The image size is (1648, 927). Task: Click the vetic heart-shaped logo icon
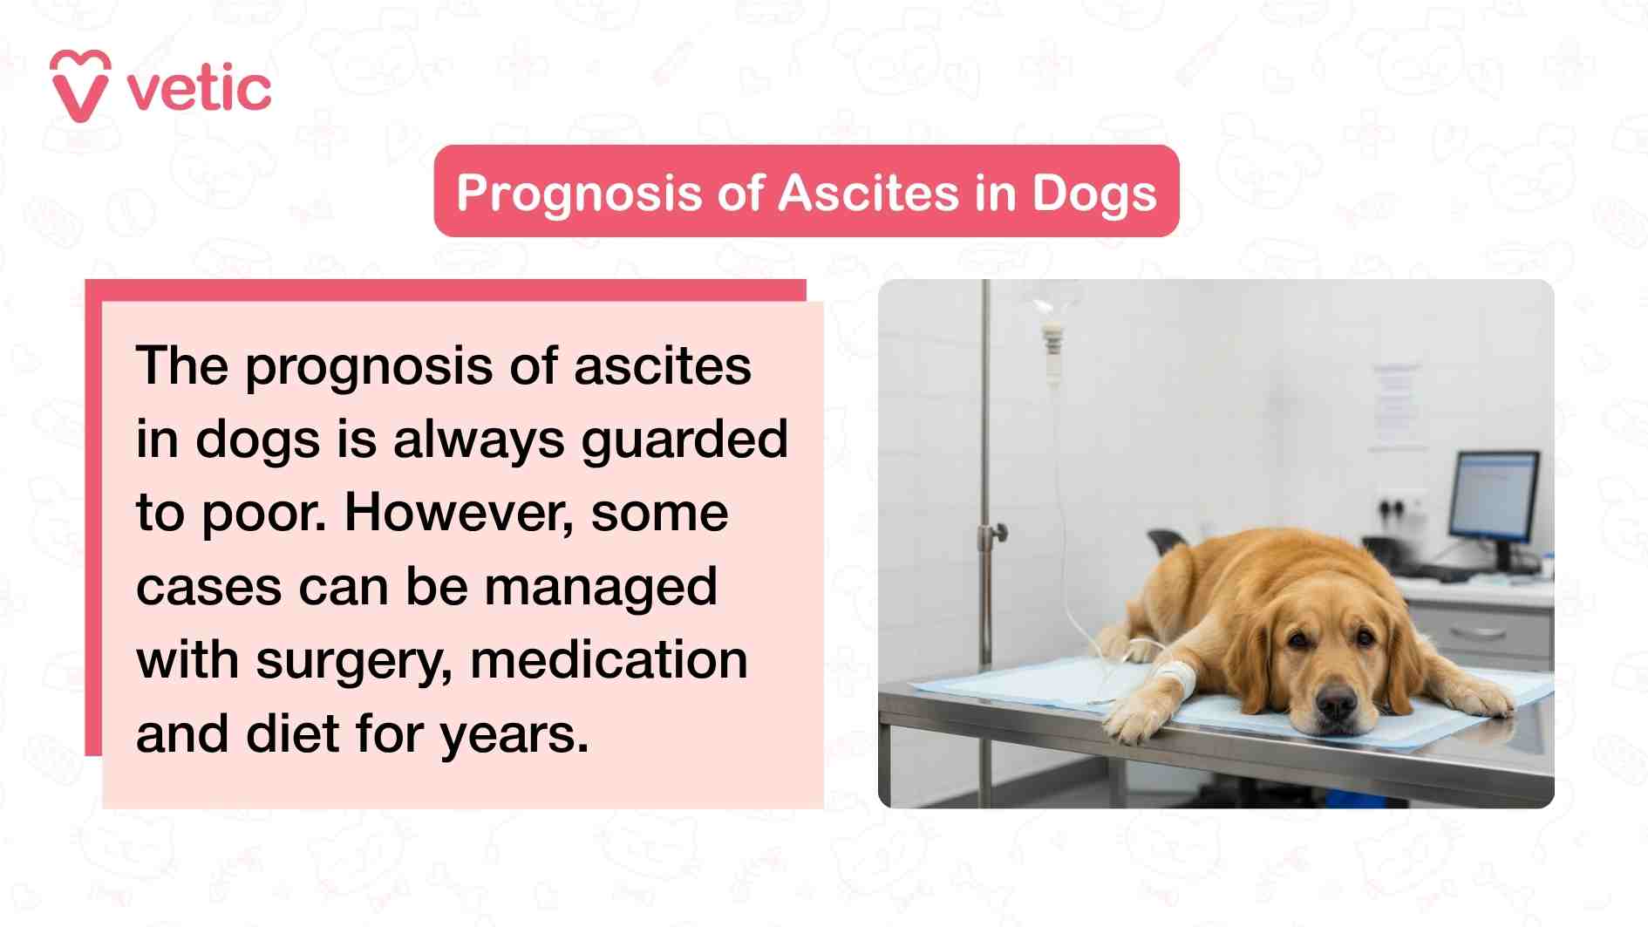tap(80, 86)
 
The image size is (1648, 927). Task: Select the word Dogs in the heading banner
tap(1093, 193)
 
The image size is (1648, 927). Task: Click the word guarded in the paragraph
tap(684, 440)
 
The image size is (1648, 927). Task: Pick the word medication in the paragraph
tap(609, 660)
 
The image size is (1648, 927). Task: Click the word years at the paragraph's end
tap(513, 734)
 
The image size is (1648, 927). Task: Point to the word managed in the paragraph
tap(601, 587)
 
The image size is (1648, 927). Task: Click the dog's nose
tap(1335, 700)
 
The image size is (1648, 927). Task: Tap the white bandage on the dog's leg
tap(1176, 676)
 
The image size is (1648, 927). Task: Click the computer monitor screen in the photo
tap(1494, 495)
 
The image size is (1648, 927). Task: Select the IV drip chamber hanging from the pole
tap(1053, 344)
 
